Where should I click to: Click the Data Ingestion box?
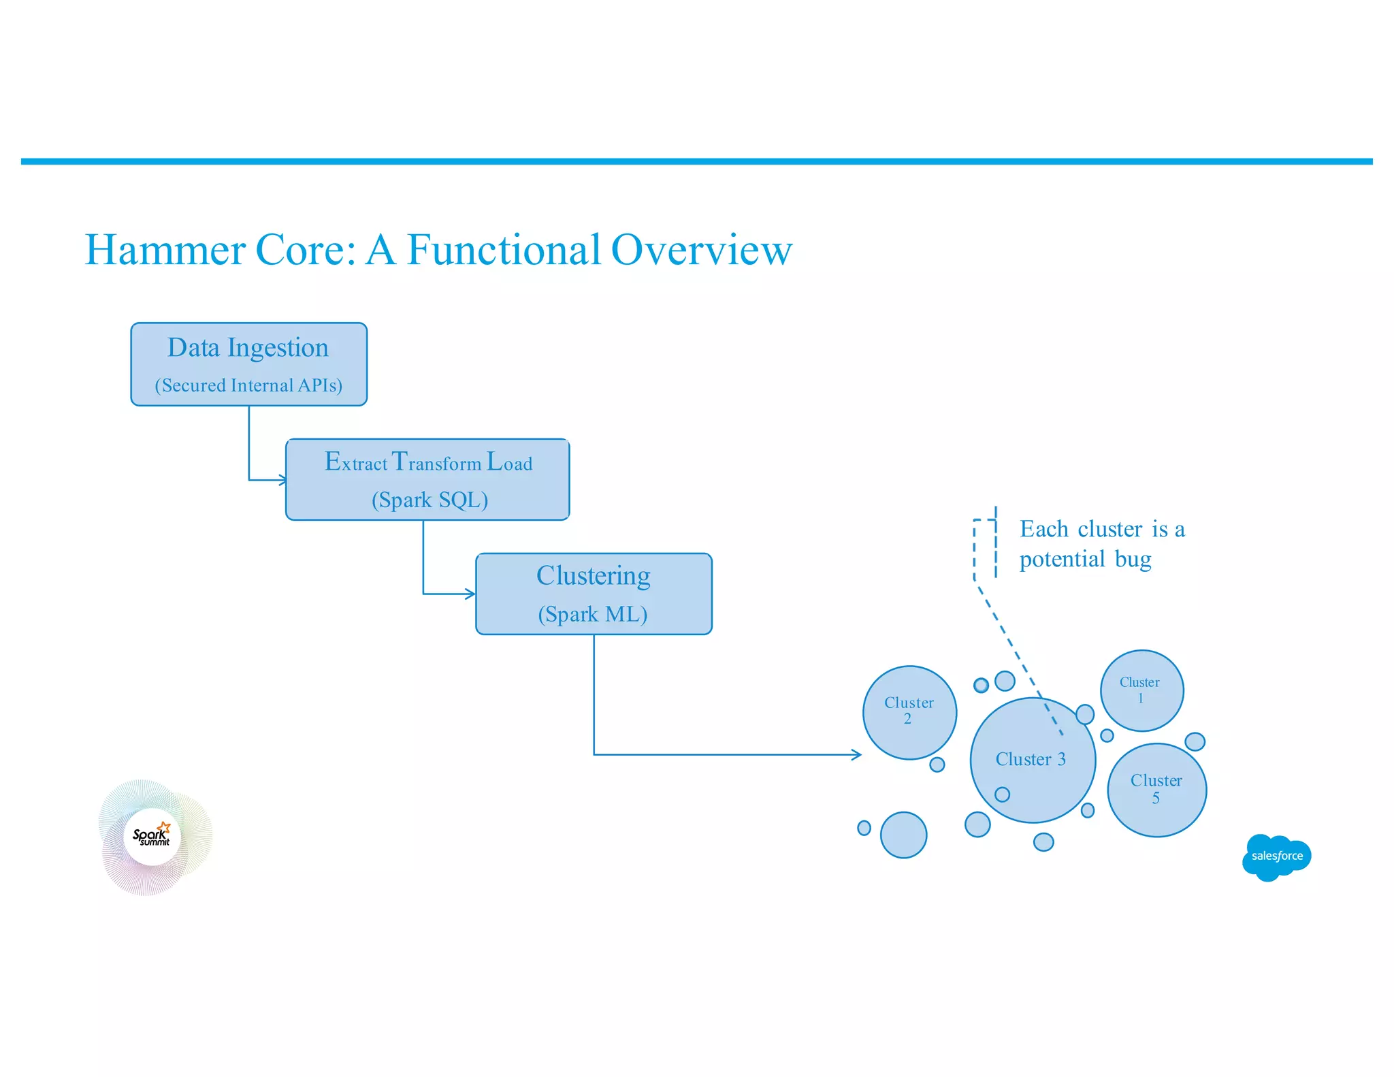tap(248, 364)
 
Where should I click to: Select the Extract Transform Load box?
tap(427, 479)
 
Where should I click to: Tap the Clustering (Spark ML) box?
tap(594, 594)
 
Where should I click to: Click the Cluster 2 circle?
tap(909, 712)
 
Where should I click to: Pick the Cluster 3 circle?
tap(1032, 760)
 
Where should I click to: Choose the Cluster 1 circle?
tap(1141, 690)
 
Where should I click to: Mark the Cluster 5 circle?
tap(1156, 790)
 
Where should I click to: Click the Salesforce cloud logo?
tap(1276, 856)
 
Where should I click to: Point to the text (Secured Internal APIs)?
tap(248, 385)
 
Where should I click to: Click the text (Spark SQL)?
tap(429, 500)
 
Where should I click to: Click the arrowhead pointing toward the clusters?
tap(856, 754)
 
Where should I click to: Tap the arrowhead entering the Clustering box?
tap(470, 594)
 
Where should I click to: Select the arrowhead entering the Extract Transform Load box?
tap(282, 480)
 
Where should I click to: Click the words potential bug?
tap(1085, 559)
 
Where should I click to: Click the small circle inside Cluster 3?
tap(1002, 794)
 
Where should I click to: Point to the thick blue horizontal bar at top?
tap(696, 161)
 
